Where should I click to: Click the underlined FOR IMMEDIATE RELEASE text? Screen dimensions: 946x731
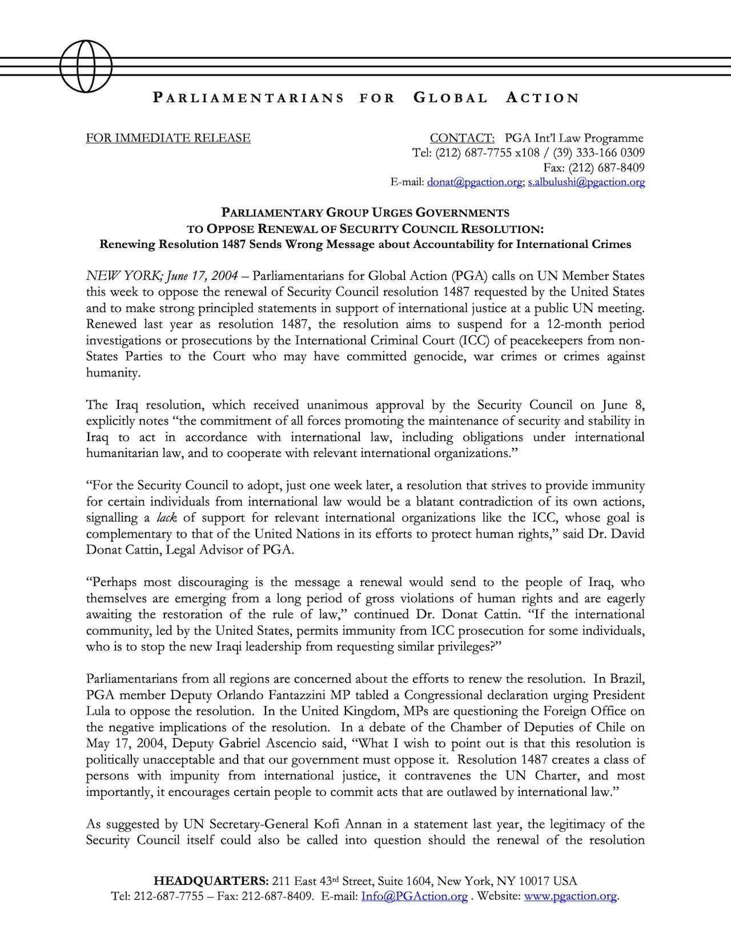pyautogui.click(x=168, y=138)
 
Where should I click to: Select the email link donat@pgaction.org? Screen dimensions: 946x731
pyautogui.click(x=475, y=182)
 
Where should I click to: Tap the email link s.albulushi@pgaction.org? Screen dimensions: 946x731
pyautogui.click(x=586, y=182)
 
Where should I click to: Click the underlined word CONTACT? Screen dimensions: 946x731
pyautogui.click(x=461, y=138)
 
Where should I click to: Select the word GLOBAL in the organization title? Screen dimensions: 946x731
pyautogui.click(x=450, y=98)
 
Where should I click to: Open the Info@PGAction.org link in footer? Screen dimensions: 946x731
pyautogui.click(x=414, y=896)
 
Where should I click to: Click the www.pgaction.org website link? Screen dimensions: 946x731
pyautogui.click(x=570, y=896)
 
